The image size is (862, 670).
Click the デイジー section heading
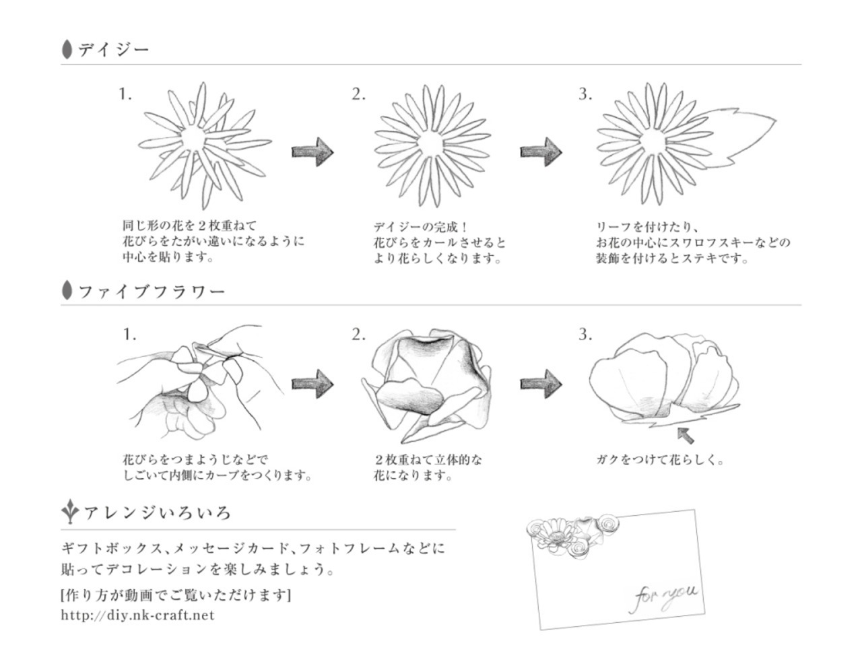point(112,49)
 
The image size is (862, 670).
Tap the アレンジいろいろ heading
point(157,513)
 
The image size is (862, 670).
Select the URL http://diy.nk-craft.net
point(137,615)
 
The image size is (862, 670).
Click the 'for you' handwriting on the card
point(665,594)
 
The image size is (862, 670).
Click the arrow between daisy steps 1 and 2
point(312,151)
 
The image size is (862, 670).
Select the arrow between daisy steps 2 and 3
point(541,151)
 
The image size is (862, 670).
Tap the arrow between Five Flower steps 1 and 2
point(312,384)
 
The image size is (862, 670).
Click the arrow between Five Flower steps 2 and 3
point(541,384)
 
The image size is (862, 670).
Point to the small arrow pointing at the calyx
point(686,434)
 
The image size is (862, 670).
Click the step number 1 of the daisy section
point(125,94)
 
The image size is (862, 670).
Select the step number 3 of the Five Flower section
point(585,335)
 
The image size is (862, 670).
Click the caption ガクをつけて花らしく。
point(660,461)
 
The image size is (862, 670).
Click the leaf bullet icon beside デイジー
point(67,49)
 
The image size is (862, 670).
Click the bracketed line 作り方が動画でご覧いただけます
point(176,595)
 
